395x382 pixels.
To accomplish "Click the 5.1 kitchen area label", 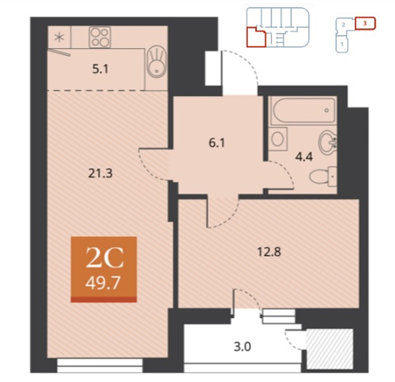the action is [100, 69].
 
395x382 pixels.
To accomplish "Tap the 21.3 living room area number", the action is [100, 173].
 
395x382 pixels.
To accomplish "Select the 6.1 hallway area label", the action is [217, 143].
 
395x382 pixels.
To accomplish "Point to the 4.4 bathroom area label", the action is [304, 156].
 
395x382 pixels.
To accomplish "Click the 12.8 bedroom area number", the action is [269, 251].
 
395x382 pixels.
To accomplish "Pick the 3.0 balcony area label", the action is [242, 347].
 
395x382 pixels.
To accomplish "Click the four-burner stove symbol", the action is [100, 38].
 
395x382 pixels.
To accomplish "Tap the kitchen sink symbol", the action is [157, 62].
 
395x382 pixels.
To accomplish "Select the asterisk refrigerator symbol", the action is [59, 38].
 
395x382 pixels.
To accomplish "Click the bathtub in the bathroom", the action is [303, 111].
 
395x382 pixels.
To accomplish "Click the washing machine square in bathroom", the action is [278, 139].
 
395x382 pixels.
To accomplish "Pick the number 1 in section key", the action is [342, 44].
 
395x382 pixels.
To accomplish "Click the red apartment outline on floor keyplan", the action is [256, 38].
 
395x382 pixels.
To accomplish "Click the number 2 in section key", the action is [343, 25].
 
